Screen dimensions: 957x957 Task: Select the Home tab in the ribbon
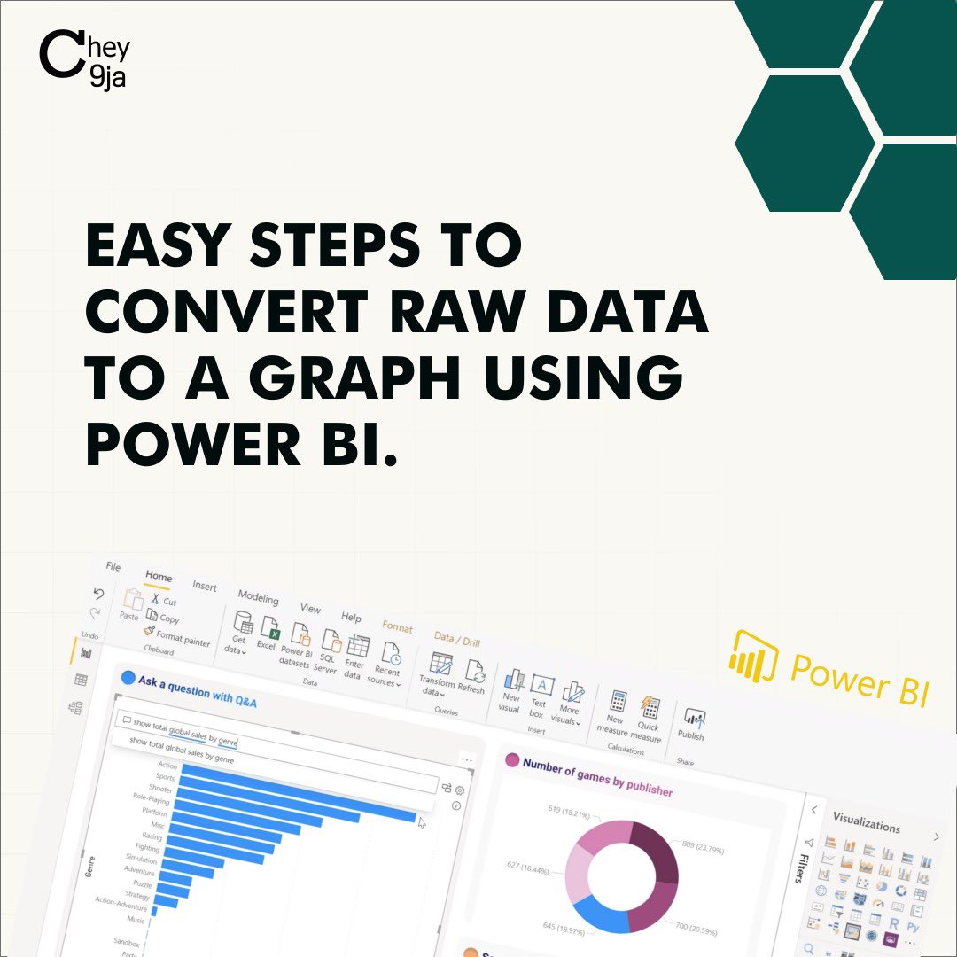[159, 577]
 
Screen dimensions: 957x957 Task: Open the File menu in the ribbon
[113, 567]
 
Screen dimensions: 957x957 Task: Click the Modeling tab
[258, 598]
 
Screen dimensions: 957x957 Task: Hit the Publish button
[692, 725]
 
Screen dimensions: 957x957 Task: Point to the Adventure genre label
[138, 871]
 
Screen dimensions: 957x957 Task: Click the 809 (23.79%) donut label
[702, 847]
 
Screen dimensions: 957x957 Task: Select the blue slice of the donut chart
[598, 908]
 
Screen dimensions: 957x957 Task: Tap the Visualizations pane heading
[866, 823]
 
